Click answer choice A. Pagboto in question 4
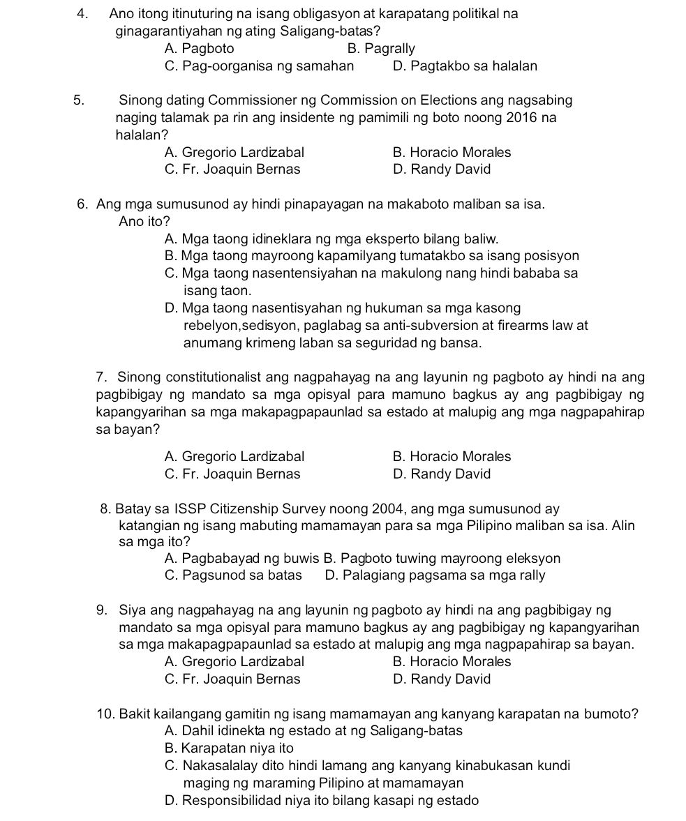(x=200, y=49)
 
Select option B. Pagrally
(x=380, y=49)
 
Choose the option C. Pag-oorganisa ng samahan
(x=259, y=66)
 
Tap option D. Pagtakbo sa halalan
(x=465, y=66)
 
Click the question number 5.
(x=79, y=100)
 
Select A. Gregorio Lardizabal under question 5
(x=234, y=152)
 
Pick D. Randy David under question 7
(x=442, y=474)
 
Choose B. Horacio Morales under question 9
(x=452, y=661)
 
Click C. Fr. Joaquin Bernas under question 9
(x=232, y=679)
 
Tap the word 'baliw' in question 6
(x=482, y=239)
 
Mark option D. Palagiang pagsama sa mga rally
(x=435, y=575)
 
